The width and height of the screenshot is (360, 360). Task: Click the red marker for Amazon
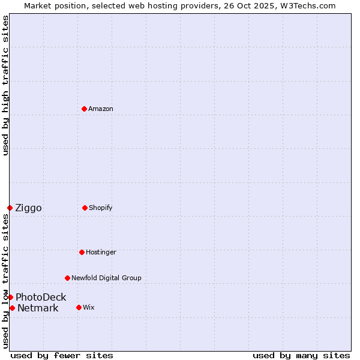point(84,109)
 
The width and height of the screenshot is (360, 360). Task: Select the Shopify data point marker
point(85,208)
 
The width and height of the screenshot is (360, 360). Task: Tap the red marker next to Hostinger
point(82,252)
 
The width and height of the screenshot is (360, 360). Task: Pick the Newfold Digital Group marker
point(67,278)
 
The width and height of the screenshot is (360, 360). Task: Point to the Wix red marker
point(79,307)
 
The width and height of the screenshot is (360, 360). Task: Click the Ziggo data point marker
point(10,208)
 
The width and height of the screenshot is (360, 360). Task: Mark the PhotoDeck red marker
point(10,297)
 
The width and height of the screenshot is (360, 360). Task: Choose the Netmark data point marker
point(12,308)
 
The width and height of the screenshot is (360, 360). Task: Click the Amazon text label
point(101,109)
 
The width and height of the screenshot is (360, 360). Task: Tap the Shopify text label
point(101,208)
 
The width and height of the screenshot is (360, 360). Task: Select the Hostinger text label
point(101,252)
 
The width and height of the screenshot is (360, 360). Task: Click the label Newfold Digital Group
point(106,278)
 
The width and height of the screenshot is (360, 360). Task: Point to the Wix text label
point(89,307)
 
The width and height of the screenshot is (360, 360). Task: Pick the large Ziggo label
point(28,208)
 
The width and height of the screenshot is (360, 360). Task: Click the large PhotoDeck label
point(41,297)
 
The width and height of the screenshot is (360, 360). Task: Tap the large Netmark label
point(38,308)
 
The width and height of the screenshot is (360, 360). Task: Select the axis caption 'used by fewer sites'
point(62,355)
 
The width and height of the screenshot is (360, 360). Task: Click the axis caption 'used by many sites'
point(301,355)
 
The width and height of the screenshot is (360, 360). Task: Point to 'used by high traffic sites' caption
point(5,85)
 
